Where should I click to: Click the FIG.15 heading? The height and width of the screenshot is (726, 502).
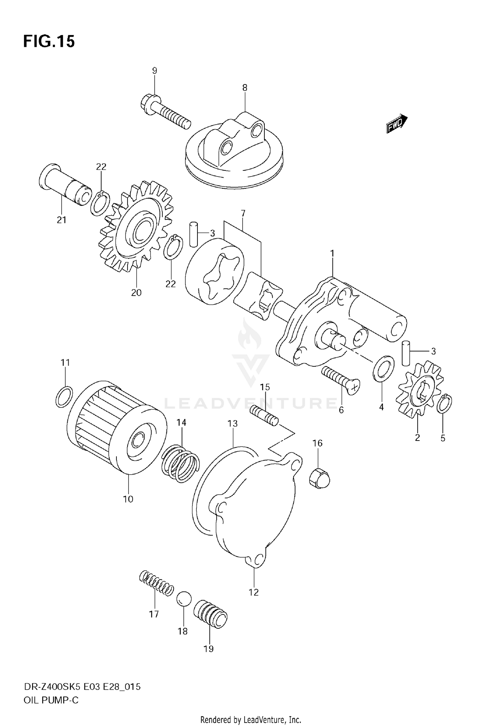coord(49,42)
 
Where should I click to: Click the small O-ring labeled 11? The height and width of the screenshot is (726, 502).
coord(64,396)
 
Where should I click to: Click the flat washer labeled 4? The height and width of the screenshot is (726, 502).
coord(384,368)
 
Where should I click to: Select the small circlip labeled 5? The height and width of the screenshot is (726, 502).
coord(444,403)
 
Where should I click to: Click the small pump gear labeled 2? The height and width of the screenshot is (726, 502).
coord(420,391)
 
